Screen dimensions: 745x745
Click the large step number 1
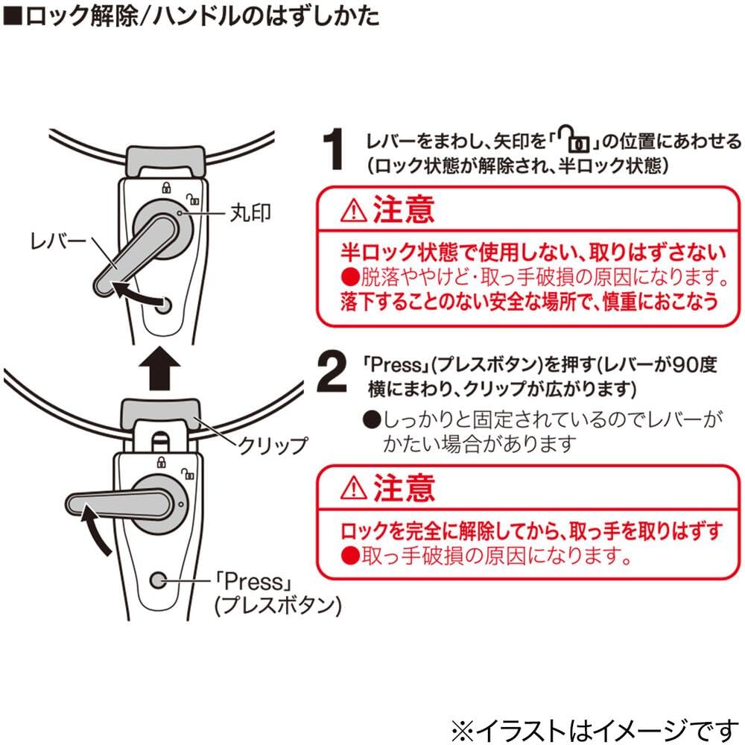(x=334, y=149)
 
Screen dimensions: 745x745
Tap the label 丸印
(x=250, y=213)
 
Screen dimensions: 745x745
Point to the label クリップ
(x=273, y=446)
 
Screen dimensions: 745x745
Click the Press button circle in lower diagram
(x=158, y=580)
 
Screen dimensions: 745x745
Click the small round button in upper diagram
(x=164, y=305)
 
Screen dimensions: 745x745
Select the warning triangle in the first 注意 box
(x=353, y=211)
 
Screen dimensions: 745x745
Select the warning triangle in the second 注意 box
(x=353, y=489)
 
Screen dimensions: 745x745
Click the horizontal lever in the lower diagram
(x=120, y=503)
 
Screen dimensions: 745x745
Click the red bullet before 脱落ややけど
(x=350, y=277)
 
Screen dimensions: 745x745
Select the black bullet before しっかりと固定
(x=372, y=419)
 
